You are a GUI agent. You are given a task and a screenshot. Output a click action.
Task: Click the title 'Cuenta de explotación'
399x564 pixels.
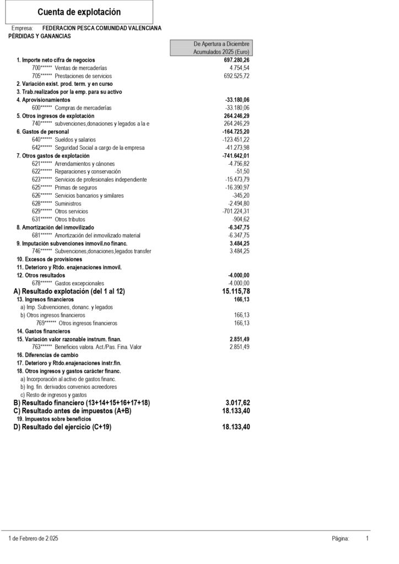[79, 12]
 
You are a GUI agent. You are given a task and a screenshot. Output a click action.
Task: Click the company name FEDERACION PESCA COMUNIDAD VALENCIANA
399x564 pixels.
[101, 28]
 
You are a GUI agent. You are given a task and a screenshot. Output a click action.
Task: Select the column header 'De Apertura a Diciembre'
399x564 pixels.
[221, 44]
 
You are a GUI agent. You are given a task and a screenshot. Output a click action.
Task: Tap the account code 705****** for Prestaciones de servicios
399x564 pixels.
[42, 75]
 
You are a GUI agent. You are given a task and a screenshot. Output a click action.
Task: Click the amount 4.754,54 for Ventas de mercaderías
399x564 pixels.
[239, 67]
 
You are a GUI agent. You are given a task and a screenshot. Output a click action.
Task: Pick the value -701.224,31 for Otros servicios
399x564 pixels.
[235, 211]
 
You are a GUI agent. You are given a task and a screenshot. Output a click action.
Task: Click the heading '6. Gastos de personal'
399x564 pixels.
[42, 132]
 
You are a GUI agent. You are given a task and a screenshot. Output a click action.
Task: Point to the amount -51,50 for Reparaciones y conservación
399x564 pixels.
[242, 172]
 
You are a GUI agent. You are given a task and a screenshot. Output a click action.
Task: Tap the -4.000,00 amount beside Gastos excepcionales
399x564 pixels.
[239, 283]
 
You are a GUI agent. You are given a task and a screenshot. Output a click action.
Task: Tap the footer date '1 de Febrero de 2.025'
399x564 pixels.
[34, 539]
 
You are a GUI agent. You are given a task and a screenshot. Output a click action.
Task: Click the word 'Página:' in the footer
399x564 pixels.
[341, 539]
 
